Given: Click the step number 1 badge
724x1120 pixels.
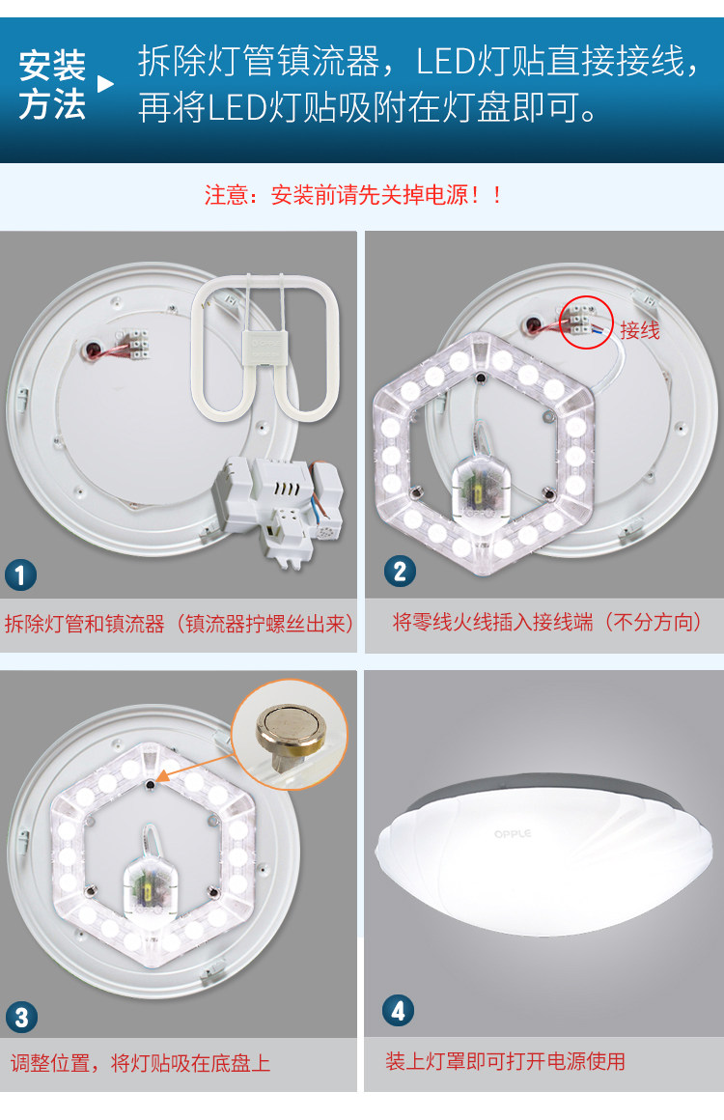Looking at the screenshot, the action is click(x=20, y=575).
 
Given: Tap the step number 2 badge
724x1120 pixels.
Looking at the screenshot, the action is click(x=400, y=572).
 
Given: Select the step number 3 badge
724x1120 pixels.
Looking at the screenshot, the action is click(x=21, y=1017).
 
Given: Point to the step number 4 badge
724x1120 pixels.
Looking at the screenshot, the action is click(x=398, y=1010).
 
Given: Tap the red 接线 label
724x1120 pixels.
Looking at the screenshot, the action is click(x=640, y=330).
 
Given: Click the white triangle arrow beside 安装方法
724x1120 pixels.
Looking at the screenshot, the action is click(x=105, y=84).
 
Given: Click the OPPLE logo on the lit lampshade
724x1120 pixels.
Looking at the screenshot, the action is click(x=513, y=833).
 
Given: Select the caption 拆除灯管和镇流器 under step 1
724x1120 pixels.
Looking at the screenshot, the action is click(x=84, y=624).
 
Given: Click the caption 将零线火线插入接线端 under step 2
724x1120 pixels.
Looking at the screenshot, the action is click(x=492, y=622).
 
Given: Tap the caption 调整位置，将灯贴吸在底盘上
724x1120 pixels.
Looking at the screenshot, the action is click(x=141, y=1063).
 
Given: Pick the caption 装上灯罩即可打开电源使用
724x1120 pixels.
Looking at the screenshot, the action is click(x=506, y=1061).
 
